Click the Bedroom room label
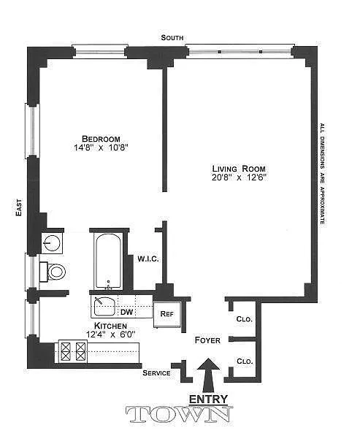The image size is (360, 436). [x=101, y=139]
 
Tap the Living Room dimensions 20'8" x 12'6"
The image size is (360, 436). [x=239, y=177]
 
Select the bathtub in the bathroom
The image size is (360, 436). [x=108, y=261]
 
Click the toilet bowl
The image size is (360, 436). [x=56, y=272]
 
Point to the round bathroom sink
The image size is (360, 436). [x=52, y=242]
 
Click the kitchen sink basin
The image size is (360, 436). [x=104, y=307]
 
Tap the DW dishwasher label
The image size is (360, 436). [x=127, y=312]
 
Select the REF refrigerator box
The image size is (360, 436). [x=167, y=314]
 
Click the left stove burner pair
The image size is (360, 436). [x=66, y=352]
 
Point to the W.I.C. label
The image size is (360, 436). [x=148, y=259]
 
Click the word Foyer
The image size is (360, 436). [x=207, y=340]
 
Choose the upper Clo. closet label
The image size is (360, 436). [x=245, y=319]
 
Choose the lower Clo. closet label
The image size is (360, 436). [x=245, y=362]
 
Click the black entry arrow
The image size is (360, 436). [x=209, y=375]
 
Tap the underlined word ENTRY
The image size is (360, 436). [x=208, y=399]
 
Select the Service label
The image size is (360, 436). [x=156, y=373]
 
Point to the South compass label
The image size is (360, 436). [x=172, y=38]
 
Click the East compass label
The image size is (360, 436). [x=19, y=207]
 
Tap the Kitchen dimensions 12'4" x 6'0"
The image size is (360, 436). [x=111, y=334]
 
